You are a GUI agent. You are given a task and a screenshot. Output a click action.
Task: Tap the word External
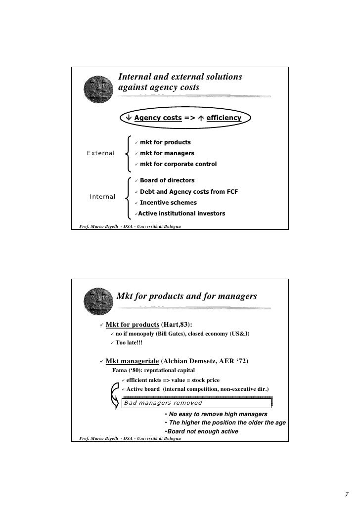click(101, 153)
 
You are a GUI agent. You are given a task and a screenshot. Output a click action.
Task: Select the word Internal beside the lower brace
click(102, 197)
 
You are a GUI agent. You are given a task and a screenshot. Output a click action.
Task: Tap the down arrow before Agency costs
click(129, 118)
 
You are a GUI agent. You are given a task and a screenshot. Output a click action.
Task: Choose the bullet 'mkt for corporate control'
click(178, 164)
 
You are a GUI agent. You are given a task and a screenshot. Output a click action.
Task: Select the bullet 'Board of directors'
click(167, 180)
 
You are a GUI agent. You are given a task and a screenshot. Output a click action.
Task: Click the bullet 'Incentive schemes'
click(168, 203)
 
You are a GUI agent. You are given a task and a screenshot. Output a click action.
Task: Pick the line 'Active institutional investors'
click(181, 214)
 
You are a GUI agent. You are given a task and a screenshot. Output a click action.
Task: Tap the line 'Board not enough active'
click(202, 431)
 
